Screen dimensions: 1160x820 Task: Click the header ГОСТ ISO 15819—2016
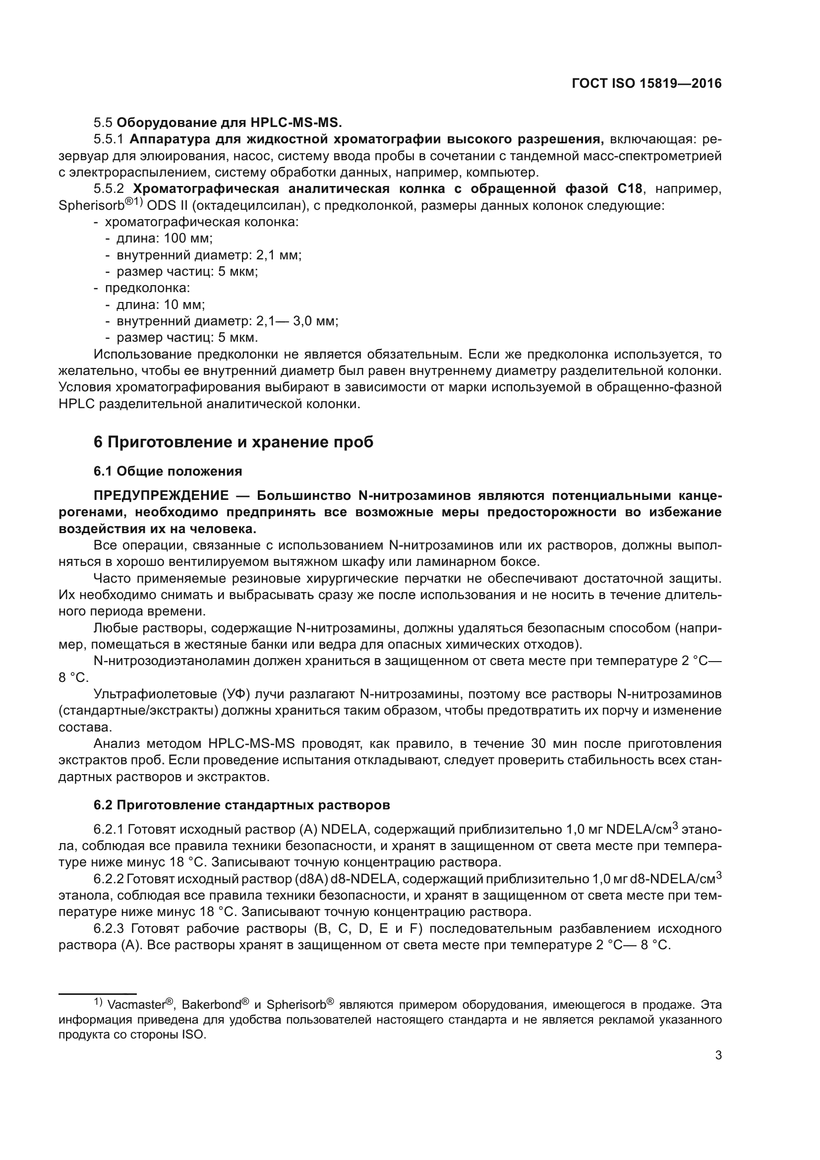click(646, 84)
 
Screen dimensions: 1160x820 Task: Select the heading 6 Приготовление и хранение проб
click(234, 442)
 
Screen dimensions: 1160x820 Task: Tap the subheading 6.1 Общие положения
click(168, 471)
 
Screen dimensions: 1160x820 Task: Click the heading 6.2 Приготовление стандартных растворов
click(242, 805)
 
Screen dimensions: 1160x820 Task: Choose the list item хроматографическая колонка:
click(201, 222)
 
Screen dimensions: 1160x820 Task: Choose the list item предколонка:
click(147, 288)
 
